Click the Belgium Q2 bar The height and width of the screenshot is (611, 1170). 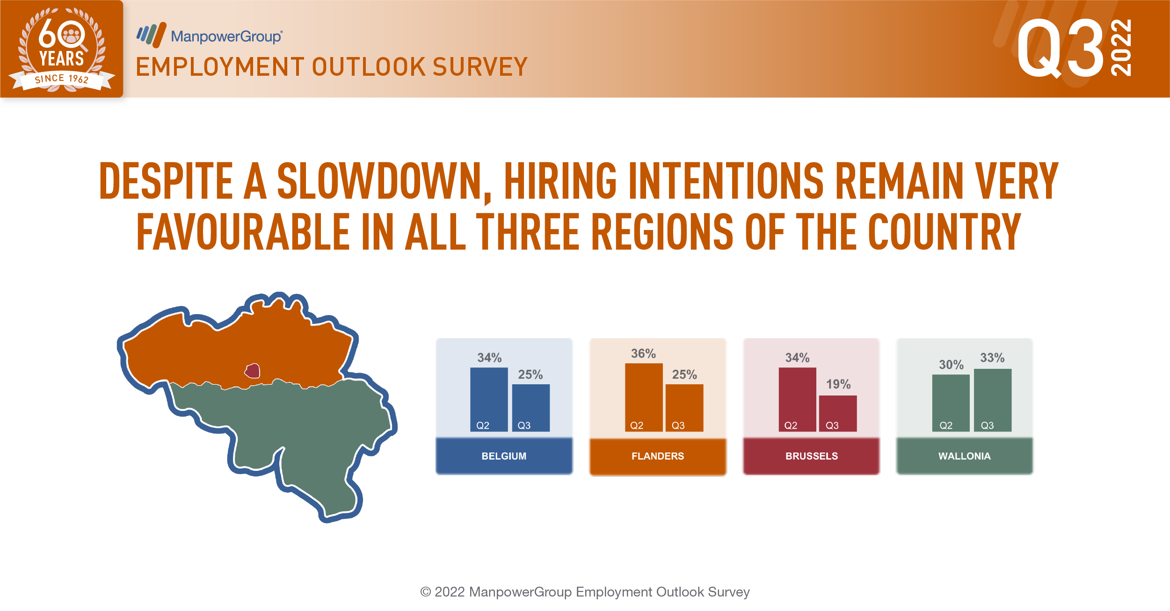[x=489, y=399]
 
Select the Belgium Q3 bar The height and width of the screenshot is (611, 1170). [x=531, y=408]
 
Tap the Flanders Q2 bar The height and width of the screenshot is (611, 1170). [x=644, y=397]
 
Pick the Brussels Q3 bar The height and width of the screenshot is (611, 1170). [x=838, y=413]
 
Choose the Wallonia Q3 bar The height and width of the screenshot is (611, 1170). [x=993, y=400]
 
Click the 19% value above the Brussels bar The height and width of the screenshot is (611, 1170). [x=838, y=384]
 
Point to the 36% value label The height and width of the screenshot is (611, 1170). [x=644, y=353]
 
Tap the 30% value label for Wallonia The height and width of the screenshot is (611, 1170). [x=951, y=365]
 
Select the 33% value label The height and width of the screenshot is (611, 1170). [x=992, y=358]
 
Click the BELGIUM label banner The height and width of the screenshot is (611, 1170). [x=504, y=456]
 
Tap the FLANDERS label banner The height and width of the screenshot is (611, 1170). [x=658, y=456]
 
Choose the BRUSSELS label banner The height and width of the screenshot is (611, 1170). [x=811, y=456]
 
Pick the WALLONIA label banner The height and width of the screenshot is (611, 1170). [x=965, y=456]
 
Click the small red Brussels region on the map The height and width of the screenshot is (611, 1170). [x=253, y=371]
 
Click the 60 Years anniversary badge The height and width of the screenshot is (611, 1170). [x=62, y=49]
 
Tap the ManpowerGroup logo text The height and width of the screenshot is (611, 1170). [x=226, y=36]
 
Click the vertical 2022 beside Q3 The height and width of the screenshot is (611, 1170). [x=1121, y=47]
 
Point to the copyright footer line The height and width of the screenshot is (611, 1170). [x=585, y=592]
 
